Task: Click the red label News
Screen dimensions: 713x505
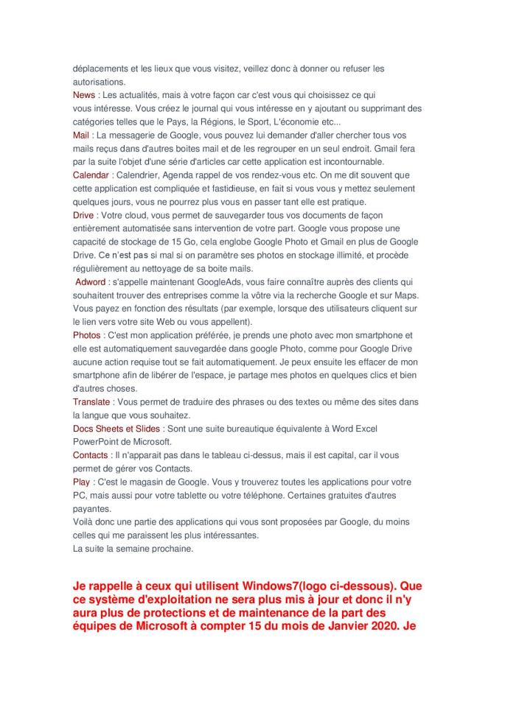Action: click(x=84, y=95)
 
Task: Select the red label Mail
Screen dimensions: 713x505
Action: click(x=81, y=136)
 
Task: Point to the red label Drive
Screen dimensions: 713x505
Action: click(x=83, y=215)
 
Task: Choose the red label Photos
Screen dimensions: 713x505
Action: click(x=87, y=335)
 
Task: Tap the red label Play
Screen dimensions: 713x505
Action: click(x=82, y=482)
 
